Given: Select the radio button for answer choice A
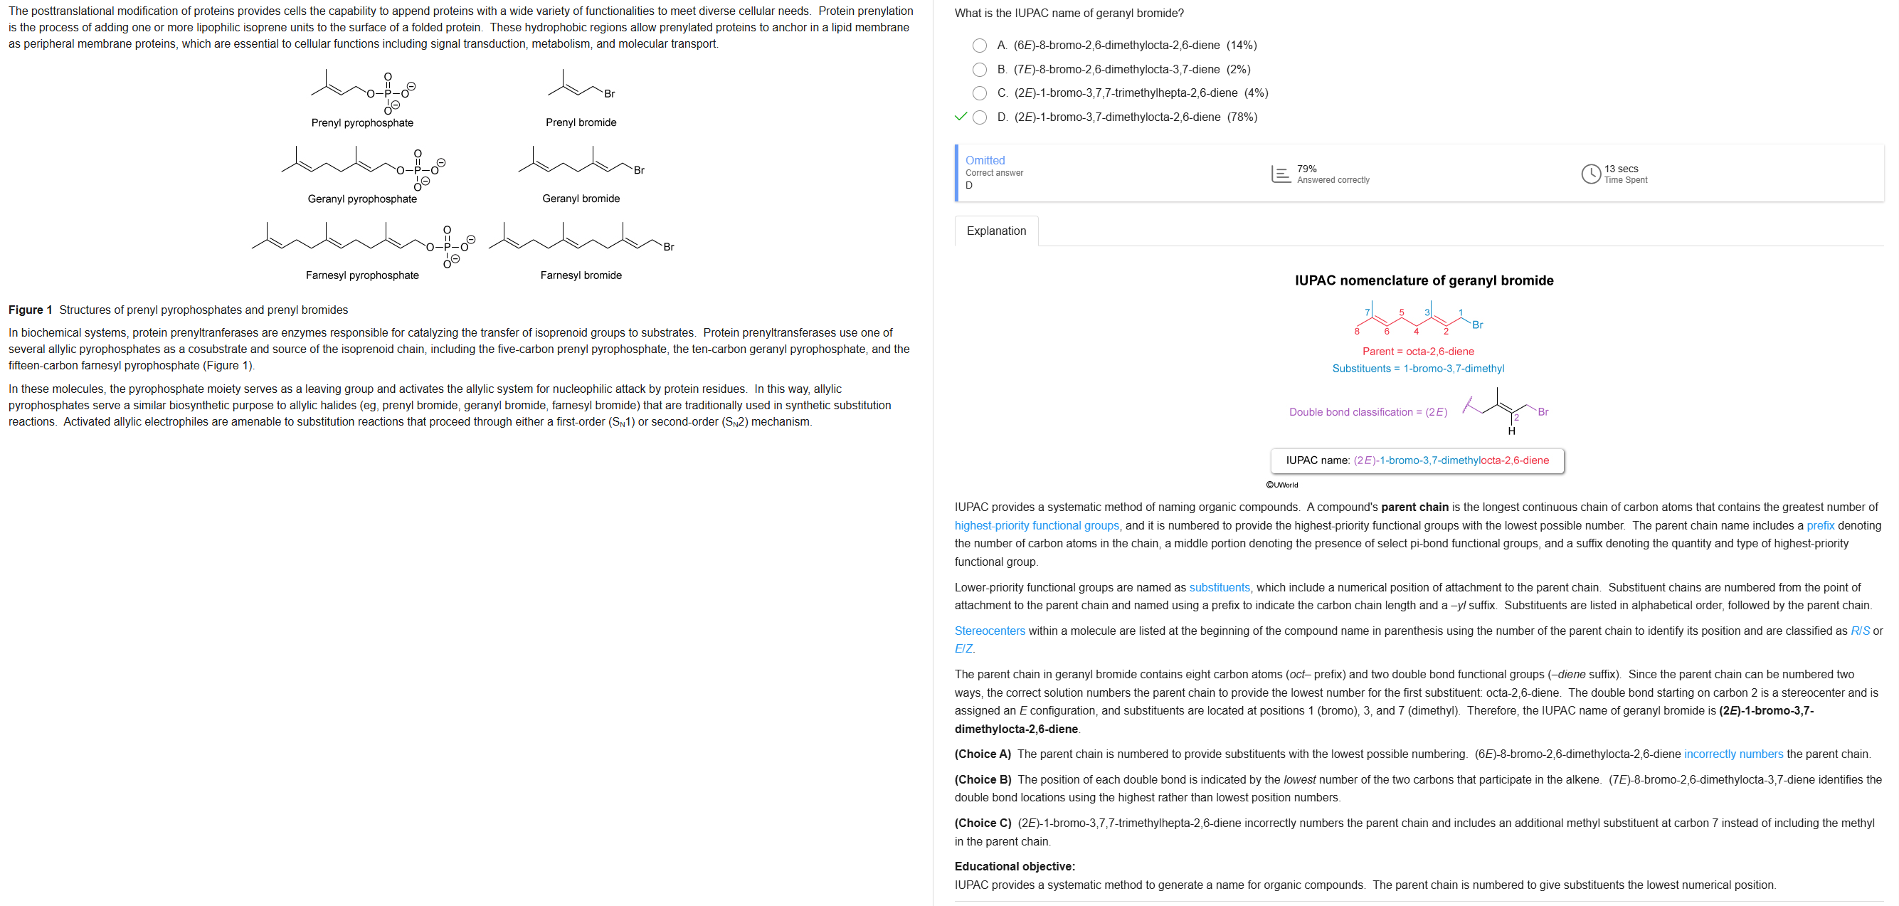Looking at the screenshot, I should tap(979, 46).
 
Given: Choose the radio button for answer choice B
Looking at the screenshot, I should tap(979, 70).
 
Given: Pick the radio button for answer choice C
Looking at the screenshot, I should tap(979, 94).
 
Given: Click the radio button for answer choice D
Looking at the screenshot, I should tap(979, 117).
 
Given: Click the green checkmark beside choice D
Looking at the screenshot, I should tap(960, 117).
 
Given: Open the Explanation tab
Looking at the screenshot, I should tap(995, 231).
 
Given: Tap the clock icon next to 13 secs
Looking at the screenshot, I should tap(1590, 173).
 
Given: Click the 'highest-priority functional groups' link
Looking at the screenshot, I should tap(1036, 526).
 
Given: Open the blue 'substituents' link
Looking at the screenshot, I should tap(1219, 588).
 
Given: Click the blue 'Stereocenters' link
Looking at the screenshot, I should tap(989, 631).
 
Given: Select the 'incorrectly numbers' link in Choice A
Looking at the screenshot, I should tap(1733, 754).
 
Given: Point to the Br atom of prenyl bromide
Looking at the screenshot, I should tap(609, 94).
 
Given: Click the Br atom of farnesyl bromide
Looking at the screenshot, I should tap(668, 247).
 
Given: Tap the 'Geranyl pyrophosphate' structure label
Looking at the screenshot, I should tap(362, 199).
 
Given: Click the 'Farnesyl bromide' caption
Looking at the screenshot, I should tap(580, 275).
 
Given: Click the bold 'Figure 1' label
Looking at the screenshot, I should tap(30, 310).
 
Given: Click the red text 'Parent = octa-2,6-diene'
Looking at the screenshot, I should tap(1417, 352).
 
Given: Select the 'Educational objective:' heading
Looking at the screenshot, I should tap(1015, 866).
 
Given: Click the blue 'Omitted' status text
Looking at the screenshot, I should tap(985, 161).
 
